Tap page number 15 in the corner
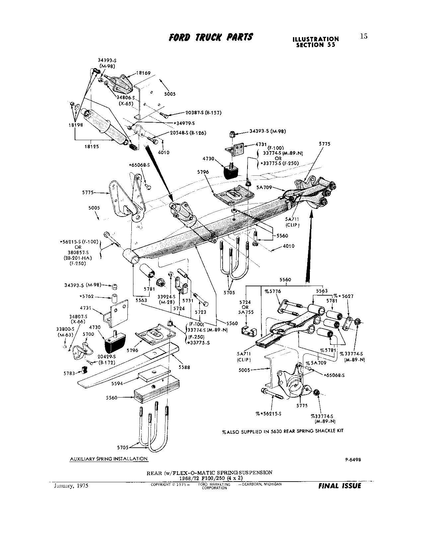click(x=364, y=37)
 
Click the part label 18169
click(x=144, y=72)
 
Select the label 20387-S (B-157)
click(x=196, y=113)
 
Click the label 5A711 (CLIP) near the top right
click(x=292, y=221)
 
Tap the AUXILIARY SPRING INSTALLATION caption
click(x=109, y=459)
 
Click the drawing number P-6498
click(x=353, y=460)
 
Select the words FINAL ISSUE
click(x=339, y=486)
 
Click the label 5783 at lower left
click(x=70, y=373)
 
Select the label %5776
click(x=272, y=291)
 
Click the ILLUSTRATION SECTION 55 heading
click(x=316, y=42)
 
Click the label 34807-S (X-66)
click(x=78, y=319)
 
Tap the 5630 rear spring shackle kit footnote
click(x=283, y=431)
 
